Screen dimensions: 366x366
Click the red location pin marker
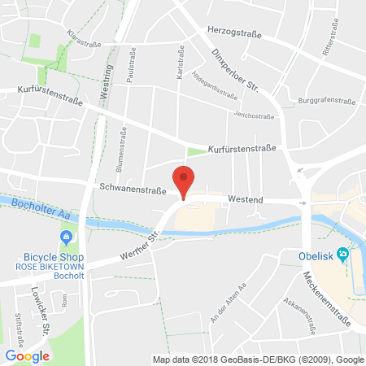tap(185, 179)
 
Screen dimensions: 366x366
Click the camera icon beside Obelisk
tap(343, 255)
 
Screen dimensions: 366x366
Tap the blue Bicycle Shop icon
tap(64, 237)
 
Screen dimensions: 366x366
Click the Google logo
tap(28, 355)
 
